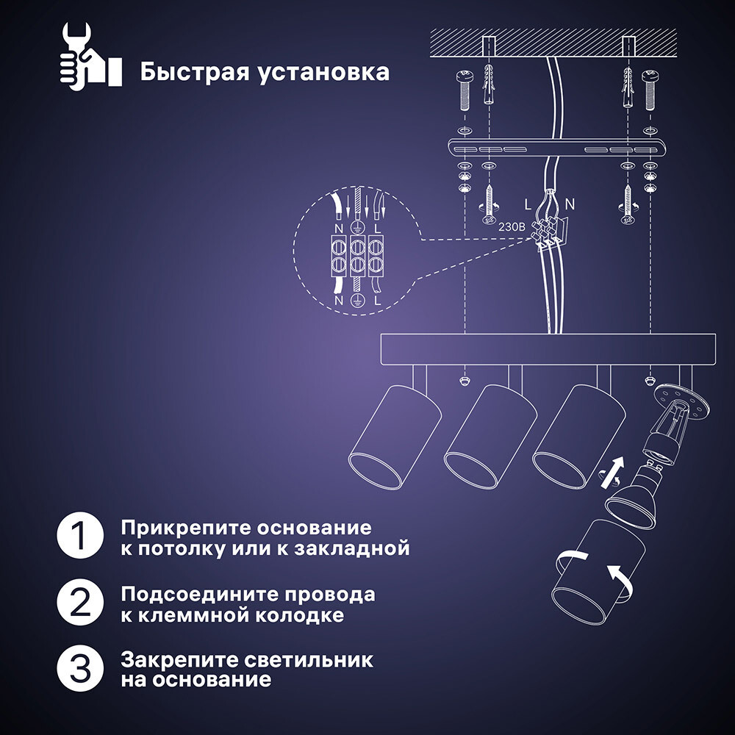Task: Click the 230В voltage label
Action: (512, 228)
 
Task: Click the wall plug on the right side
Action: (627, 87)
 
